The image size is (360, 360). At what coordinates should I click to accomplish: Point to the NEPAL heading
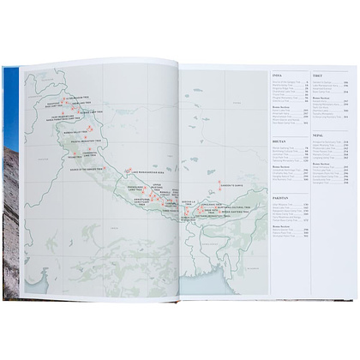click(318, 135)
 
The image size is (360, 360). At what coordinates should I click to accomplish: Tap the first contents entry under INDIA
click(287, 82)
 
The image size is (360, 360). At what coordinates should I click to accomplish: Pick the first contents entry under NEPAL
click(327, 141)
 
